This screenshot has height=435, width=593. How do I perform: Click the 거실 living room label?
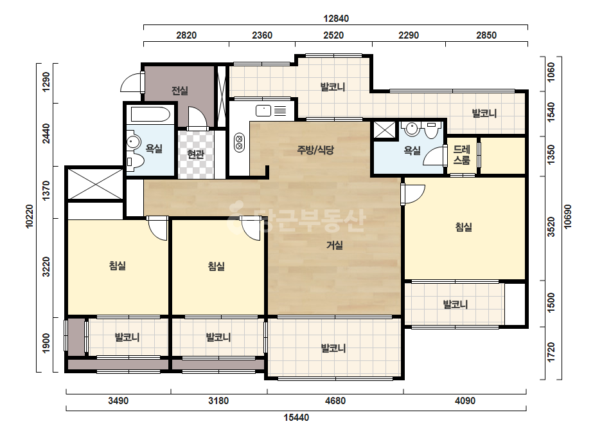(334, 246)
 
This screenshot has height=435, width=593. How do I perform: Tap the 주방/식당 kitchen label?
(315, 150)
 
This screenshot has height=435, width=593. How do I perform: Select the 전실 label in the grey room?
(180, 91)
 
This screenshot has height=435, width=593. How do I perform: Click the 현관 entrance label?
(195, 154)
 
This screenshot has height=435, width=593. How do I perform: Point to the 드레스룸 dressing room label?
(461, 154)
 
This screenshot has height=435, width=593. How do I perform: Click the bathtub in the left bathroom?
(150, 114)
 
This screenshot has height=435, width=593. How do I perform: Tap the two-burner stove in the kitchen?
(239, 142)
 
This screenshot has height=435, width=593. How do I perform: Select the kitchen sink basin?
(263, 111)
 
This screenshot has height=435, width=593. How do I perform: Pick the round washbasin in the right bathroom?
(411, 129)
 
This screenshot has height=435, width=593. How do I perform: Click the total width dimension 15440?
(297, 418)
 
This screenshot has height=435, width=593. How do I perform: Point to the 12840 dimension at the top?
(336, 18)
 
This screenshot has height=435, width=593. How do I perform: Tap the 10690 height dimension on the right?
(568, 216)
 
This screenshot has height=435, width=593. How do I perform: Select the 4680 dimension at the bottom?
(335, 400)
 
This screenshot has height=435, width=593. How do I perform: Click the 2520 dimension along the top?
(333, 35)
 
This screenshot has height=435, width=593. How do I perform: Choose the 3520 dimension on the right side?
(551, 227)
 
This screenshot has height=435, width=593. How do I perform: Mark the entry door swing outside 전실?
(130, 82)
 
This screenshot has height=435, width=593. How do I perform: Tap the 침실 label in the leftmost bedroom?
(117, 266)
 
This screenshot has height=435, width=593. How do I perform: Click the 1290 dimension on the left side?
(46, 82)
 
